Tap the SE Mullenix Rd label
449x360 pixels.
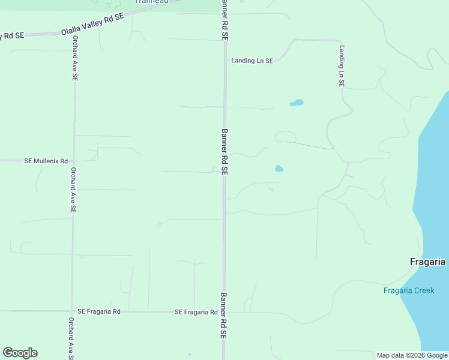[x=46, y=161]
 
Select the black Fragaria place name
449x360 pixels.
[x=427, y=262]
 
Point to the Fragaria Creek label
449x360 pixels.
[x=409, y=291]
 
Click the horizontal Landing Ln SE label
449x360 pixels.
[x=252, y=61]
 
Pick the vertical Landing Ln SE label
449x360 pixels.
[x=342, y=66]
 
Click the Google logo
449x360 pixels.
[x=20, y=353]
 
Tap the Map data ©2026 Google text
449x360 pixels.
[x=412, y=355]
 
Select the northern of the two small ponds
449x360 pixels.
[x=297, y=103]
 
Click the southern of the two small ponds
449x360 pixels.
[x=279, y=169]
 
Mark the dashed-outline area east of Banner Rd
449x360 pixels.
[x=286, y=137]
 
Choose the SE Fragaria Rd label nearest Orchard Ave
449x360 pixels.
[x=99, y=311]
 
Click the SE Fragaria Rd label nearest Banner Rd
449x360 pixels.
[x=196, y=312]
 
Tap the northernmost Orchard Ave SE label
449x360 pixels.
[x=75, y=58]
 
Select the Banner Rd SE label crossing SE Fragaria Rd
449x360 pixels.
[x=223, y=316]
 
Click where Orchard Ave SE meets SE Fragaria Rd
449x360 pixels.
[x=72, y=311]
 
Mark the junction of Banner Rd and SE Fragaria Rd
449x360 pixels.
[x=223, y=312]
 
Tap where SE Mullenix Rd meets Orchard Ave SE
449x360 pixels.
[x=73, y=161]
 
